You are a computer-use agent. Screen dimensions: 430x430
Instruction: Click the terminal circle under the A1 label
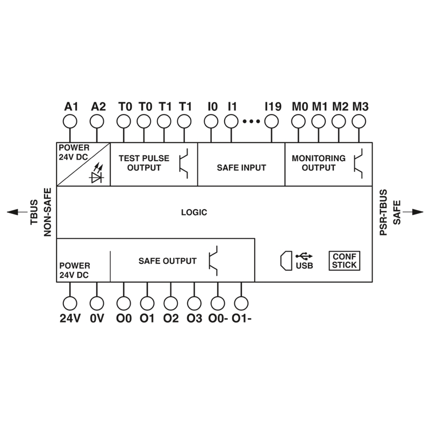(x=70, y=122)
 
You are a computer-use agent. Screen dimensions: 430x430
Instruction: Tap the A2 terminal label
(x=98, y=106)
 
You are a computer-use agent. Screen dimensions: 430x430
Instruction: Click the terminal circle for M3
(x=359, y=122)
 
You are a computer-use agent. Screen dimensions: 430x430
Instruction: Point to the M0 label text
(x=300, y=106)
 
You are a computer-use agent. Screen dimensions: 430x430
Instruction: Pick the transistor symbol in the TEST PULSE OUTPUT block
(x=184, y=163)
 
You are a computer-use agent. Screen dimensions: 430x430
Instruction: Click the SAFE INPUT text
(x=241, y=168)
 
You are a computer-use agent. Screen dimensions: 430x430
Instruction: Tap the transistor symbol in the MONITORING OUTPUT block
(x=359, y=163)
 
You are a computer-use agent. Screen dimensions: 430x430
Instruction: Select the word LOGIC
(x=193, y=212)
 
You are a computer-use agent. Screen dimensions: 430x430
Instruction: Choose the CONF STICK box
(x=344, y=261)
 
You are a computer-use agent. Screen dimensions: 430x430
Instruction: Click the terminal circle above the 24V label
(x=70, y=303)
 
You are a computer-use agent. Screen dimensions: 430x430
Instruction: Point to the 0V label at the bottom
(x=97, y=319)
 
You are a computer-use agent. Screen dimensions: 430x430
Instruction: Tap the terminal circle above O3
(x=194, y=303)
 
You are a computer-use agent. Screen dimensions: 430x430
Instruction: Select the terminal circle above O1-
(x=241, y=303)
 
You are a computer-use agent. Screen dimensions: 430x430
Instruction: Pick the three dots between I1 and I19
(x=251, y=122)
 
